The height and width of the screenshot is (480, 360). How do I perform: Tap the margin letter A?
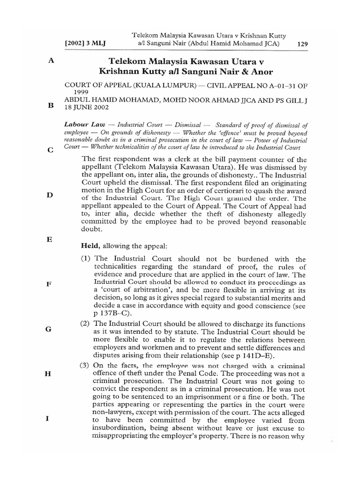50,61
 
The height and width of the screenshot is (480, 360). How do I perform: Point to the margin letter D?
50,195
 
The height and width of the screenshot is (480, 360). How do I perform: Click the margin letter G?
48,329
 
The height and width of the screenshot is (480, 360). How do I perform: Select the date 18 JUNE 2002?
89,107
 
